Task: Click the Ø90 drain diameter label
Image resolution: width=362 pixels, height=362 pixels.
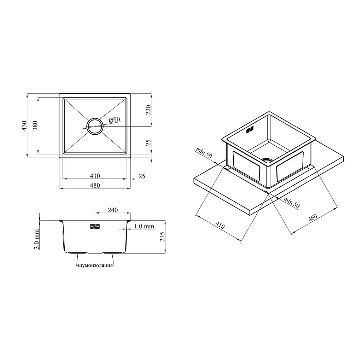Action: (x=114, y=120)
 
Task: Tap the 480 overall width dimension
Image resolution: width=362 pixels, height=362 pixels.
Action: (x=95, y=185)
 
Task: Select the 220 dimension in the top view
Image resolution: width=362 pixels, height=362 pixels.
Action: (x=148, y=110)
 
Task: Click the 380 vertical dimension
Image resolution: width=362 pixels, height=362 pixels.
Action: (x=35, y=125)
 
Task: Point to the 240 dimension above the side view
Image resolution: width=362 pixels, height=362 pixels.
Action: (x=113, y=210)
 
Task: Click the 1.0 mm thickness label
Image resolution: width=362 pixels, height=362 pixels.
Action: (x=144, y=226)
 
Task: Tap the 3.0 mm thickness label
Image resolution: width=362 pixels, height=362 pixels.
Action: (x=36, y=239)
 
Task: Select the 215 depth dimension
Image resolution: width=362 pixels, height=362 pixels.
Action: (x=162, y=237)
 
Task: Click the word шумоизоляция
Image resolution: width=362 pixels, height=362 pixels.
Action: (x=95, y=265)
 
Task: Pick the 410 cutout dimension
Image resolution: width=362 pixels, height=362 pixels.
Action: (x=220, y=225)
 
